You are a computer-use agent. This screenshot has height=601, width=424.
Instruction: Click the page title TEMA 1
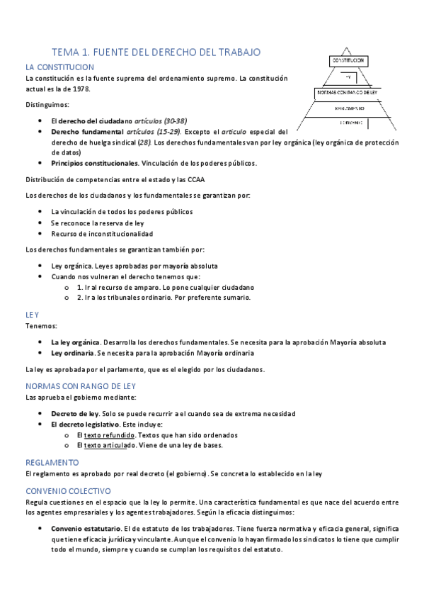(156, 52)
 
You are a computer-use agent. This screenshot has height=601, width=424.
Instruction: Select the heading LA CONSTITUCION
(59, 67)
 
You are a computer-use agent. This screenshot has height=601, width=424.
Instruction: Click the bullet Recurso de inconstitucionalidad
(102, 233)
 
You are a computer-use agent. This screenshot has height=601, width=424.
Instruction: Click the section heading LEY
(32, 313)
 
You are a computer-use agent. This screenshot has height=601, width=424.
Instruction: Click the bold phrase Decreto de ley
(75, 413)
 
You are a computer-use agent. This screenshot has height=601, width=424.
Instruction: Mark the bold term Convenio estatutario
(86, 528)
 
